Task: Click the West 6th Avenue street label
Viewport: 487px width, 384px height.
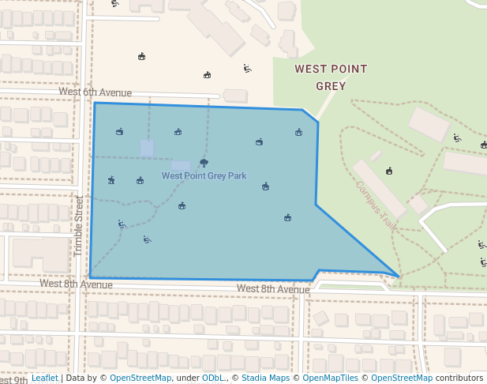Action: coord(95,92)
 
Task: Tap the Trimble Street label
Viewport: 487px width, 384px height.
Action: coord(78,226)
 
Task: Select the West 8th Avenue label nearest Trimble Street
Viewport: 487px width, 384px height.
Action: coord(76,284)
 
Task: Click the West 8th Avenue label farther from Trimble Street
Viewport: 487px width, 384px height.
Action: coord(272,289)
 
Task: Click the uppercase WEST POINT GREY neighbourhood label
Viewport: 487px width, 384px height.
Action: coord(331,77)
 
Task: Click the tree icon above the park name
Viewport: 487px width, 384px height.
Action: coord(204,164)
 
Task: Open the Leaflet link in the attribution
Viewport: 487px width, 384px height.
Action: coord(44,378)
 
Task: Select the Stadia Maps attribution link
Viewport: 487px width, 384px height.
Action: coord(264,378)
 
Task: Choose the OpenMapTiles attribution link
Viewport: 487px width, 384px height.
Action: coord(331,378)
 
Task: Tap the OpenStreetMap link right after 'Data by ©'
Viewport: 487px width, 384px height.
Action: coord(140,378)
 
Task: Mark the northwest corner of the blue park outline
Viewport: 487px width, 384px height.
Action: coord(96,103)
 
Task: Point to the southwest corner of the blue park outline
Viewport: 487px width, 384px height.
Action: coord(90,277)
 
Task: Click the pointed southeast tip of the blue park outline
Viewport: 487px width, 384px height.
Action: coord(399,277)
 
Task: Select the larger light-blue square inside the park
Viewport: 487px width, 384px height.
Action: coord(181,167)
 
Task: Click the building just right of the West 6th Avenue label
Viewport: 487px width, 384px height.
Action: coord(235,96)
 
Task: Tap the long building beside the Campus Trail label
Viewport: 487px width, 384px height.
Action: coord(380,189)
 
